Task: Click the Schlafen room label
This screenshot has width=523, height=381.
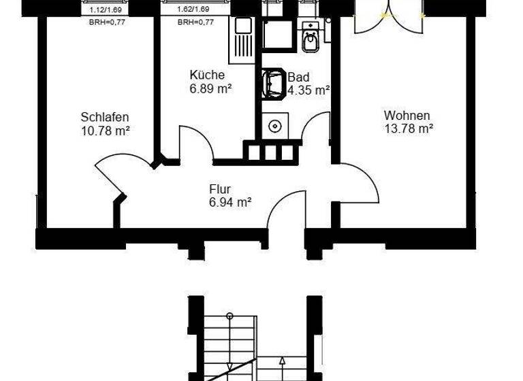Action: tap(104, 116)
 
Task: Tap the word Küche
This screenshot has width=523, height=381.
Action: tap(206, 76)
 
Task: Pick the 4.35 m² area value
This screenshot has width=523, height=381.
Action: tap(309, 90)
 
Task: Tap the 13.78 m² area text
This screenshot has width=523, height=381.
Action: tap(407, 128)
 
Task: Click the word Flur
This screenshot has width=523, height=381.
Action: tap(220, 189)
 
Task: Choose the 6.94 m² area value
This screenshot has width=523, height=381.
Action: tap(230, 202)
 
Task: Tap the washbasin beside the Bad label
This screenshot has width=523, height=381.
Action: tap(274, 83)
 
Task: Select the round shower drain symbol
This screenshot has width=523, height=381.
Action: tap(275, 126)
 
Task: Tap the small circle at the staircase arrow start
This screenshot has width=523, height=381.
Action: tap(230, 316)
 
